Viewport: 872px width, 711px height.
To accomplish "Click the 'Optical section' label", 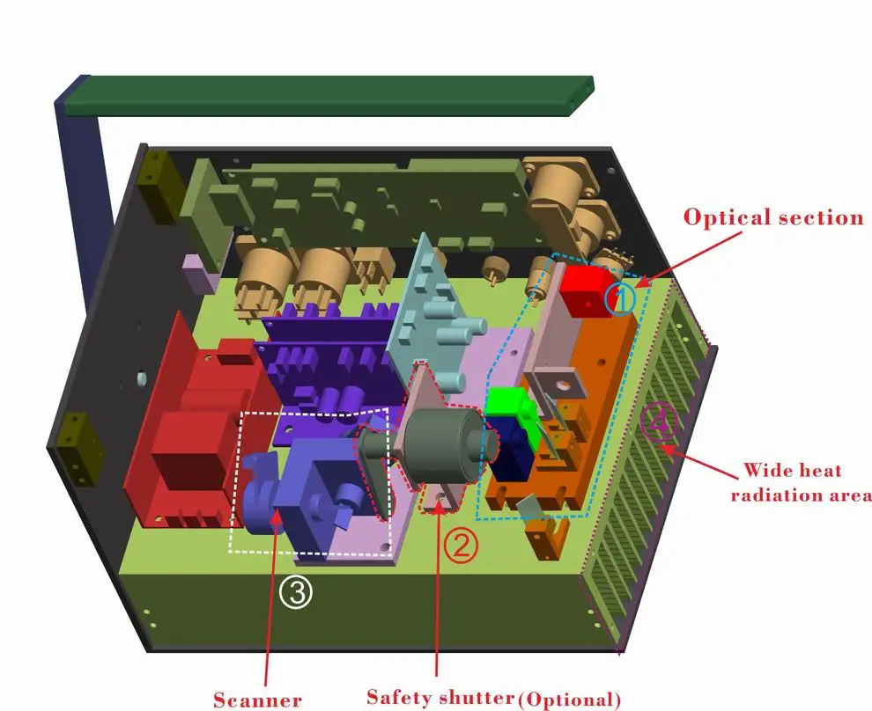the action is tap(773, 216).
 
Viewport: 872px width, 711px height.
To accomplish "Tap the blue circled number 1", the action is tap(622, 299).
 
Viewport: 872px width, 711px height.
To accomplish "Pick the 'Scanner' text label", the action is tap(257, 700).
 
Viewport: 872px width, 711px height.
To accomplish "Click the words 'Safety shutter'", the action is tap(440, 698).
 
